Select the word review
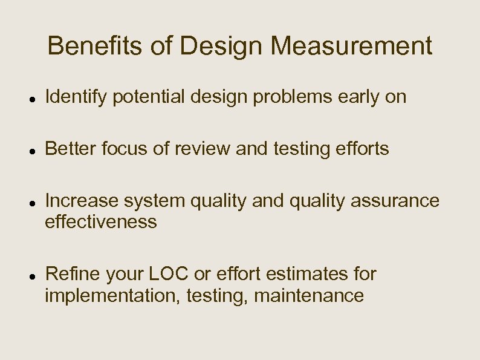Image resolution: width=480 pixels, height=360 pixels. coord(198,148)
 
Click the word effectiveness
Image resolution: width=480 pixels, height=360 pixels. coord(101,222)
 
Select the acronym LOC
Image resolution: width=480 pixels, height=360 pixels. coord(167,274)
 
